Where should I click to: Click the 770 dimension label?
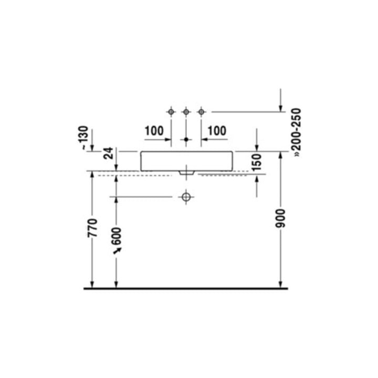(92, 228)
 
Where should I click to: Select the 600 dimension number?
(117, 236)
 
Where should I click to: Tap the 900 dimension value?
(280, 218)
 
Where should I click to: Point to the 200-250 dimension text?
(297, 133)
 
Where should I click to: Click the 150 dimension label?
(257, 162)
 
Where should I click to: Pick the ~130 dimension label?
(83, 138)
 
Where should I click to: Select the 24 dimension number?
(109, 153)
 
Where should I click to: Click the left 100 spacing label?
(154, 131)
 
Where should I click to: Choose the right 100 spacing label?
(217, 131)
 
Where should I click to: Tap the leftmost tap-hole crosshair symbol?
(171, 112)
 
